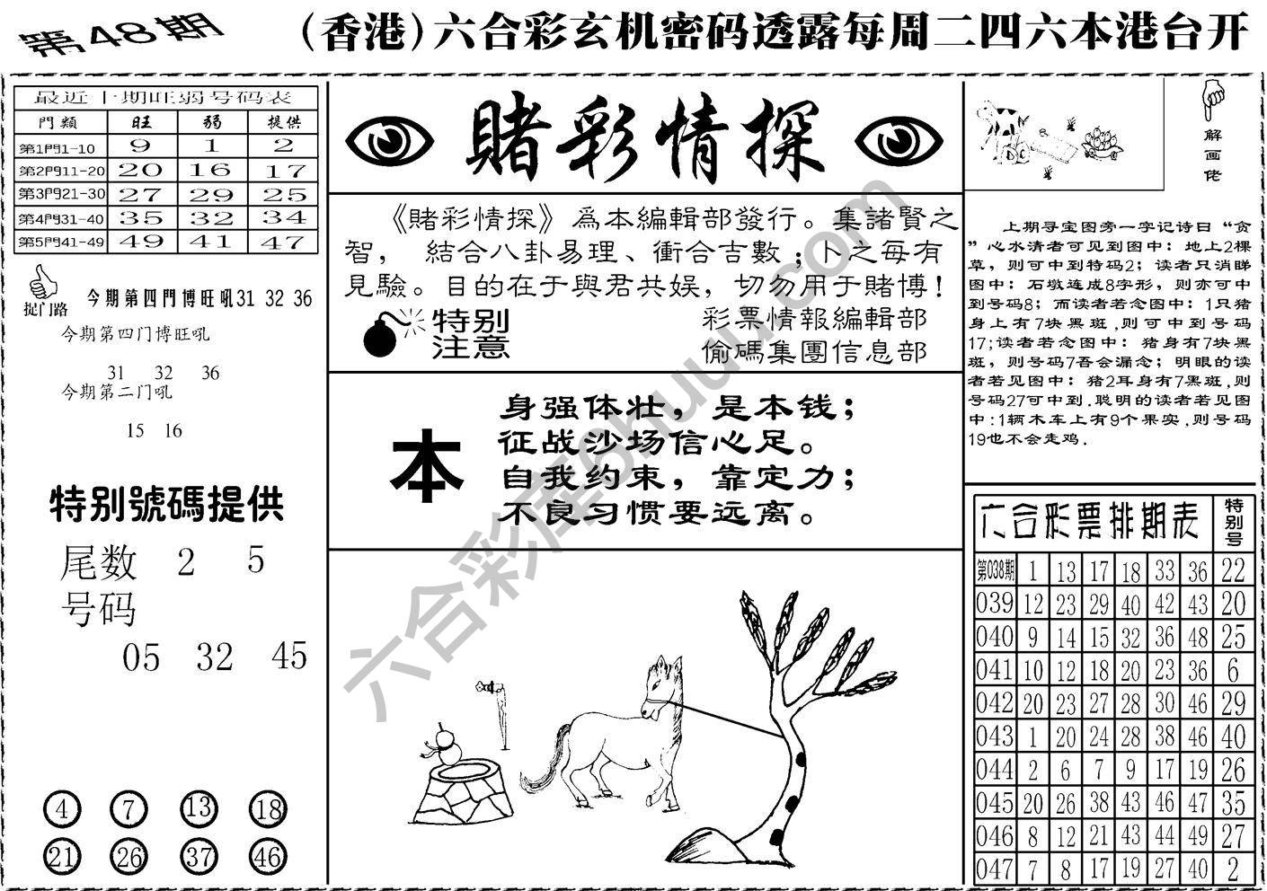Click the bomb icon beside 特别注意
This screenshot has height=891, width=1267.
[x=385, y=335]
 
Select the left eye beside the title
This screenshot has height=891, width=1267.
[x=389, y=141]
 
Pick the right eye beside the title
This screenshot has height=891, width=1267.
[x=898, y=141]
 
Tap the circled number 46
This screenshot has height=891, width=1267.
[x=267, y=857]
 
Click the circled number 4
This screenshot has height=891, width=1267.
[x=61, y=810]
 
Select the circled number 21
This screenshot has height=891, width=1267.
[x=61, y=857]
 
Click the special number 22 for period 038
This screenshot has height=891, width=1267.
[x=1234, y=569]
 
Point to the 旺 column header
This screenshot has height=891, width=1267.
[x=141, y=122]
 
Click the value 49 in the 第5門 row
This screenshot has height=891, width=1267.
[x=141, y=242]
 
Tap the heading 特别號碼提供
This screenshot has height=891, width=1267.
[x=166, y=505]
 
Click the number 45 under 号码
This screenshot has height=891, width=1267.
[x=289, y=657]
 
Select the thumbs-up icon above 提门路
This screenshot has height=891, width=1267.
[x=42, y=287]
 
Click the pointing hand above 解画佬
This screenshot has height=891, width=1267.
[x=1214, y=99]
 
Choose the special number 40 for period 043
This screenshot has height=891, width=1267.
[x=1234, y=737]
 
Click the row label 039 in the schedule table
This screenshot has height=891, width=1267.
[x=995, y=603]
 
